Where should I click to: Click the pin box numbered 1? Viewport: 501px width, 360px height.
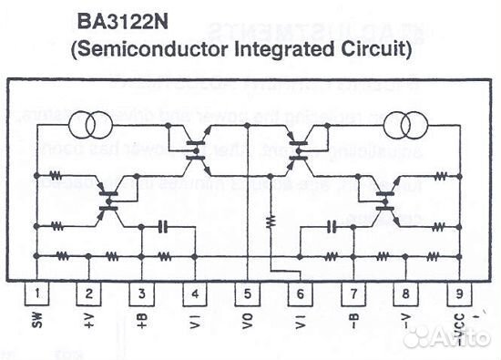[36, 293]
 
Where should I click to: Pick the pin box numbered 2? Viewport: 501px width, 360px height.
[88, 293]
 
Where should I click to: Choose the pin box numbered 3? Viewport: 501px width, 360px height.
[142, 293]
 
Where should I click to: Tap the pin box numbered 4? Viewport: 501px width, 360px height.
[195, 293]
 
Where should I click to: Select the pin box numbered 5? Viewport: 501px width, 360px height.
[247, 293]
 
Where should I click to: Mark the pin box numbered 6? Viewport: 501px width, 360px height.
[299, 293]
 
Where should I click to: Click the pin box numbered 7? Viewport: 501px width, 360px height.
[352, 293]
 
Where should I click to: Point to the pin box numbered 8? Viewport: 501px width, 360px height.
[404, 293]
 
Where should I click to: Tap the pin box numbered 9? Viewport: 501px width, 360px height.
[456, 293]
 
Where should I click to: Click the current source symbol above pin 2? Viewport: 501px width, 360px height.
[89, 122]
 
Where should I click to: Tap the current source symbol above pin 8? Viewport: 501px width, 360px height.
[404, 122]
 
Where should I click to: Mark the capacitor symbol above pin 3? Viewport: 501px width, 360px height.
[163, 225]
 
